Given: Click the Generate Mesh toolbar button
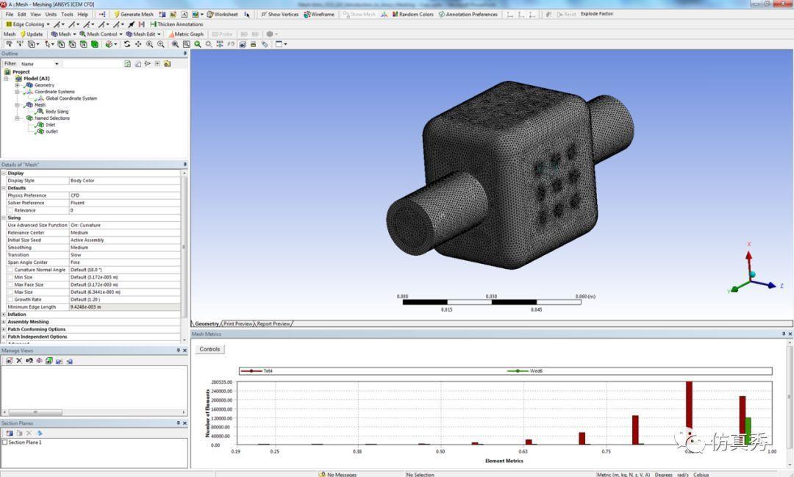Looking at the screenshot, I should click(134, 14).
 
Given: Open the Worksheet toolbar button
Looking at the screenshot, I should click(223, 14).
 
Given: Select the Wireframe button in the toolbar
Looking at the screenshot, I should click(319, 14).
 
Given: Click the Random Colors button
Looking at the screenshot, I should click(413, 14).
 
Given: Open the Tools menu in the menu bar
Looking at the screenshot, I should click(67, 14).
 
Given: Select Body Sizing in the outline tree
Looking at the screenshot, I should click(57, 112).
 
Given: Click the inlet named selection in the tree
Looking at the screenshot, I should click(50, 125).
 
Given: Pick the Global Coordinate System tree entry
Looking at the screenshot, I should click(71, 98).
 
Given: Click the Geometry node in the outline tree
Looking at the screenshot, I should click(44, 85).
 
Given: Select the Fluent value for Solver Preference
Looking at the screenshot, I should click(77, 203).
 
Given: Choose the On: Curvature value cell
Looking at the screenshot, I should click(85, 225).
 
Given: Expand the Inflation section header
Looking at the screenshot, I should click(16, 315).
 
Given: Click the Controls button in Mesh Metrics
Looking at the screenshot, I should click(210, 349).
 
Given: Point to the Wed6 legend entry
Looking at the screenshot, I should click(536, 371).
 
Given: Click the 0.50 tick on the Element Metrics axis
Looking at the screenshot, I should click(440, 451).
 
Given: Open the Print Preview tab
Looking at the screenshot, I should click(238, 323).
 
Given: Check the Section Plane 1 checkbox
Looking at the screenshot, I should click(5, 442).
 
